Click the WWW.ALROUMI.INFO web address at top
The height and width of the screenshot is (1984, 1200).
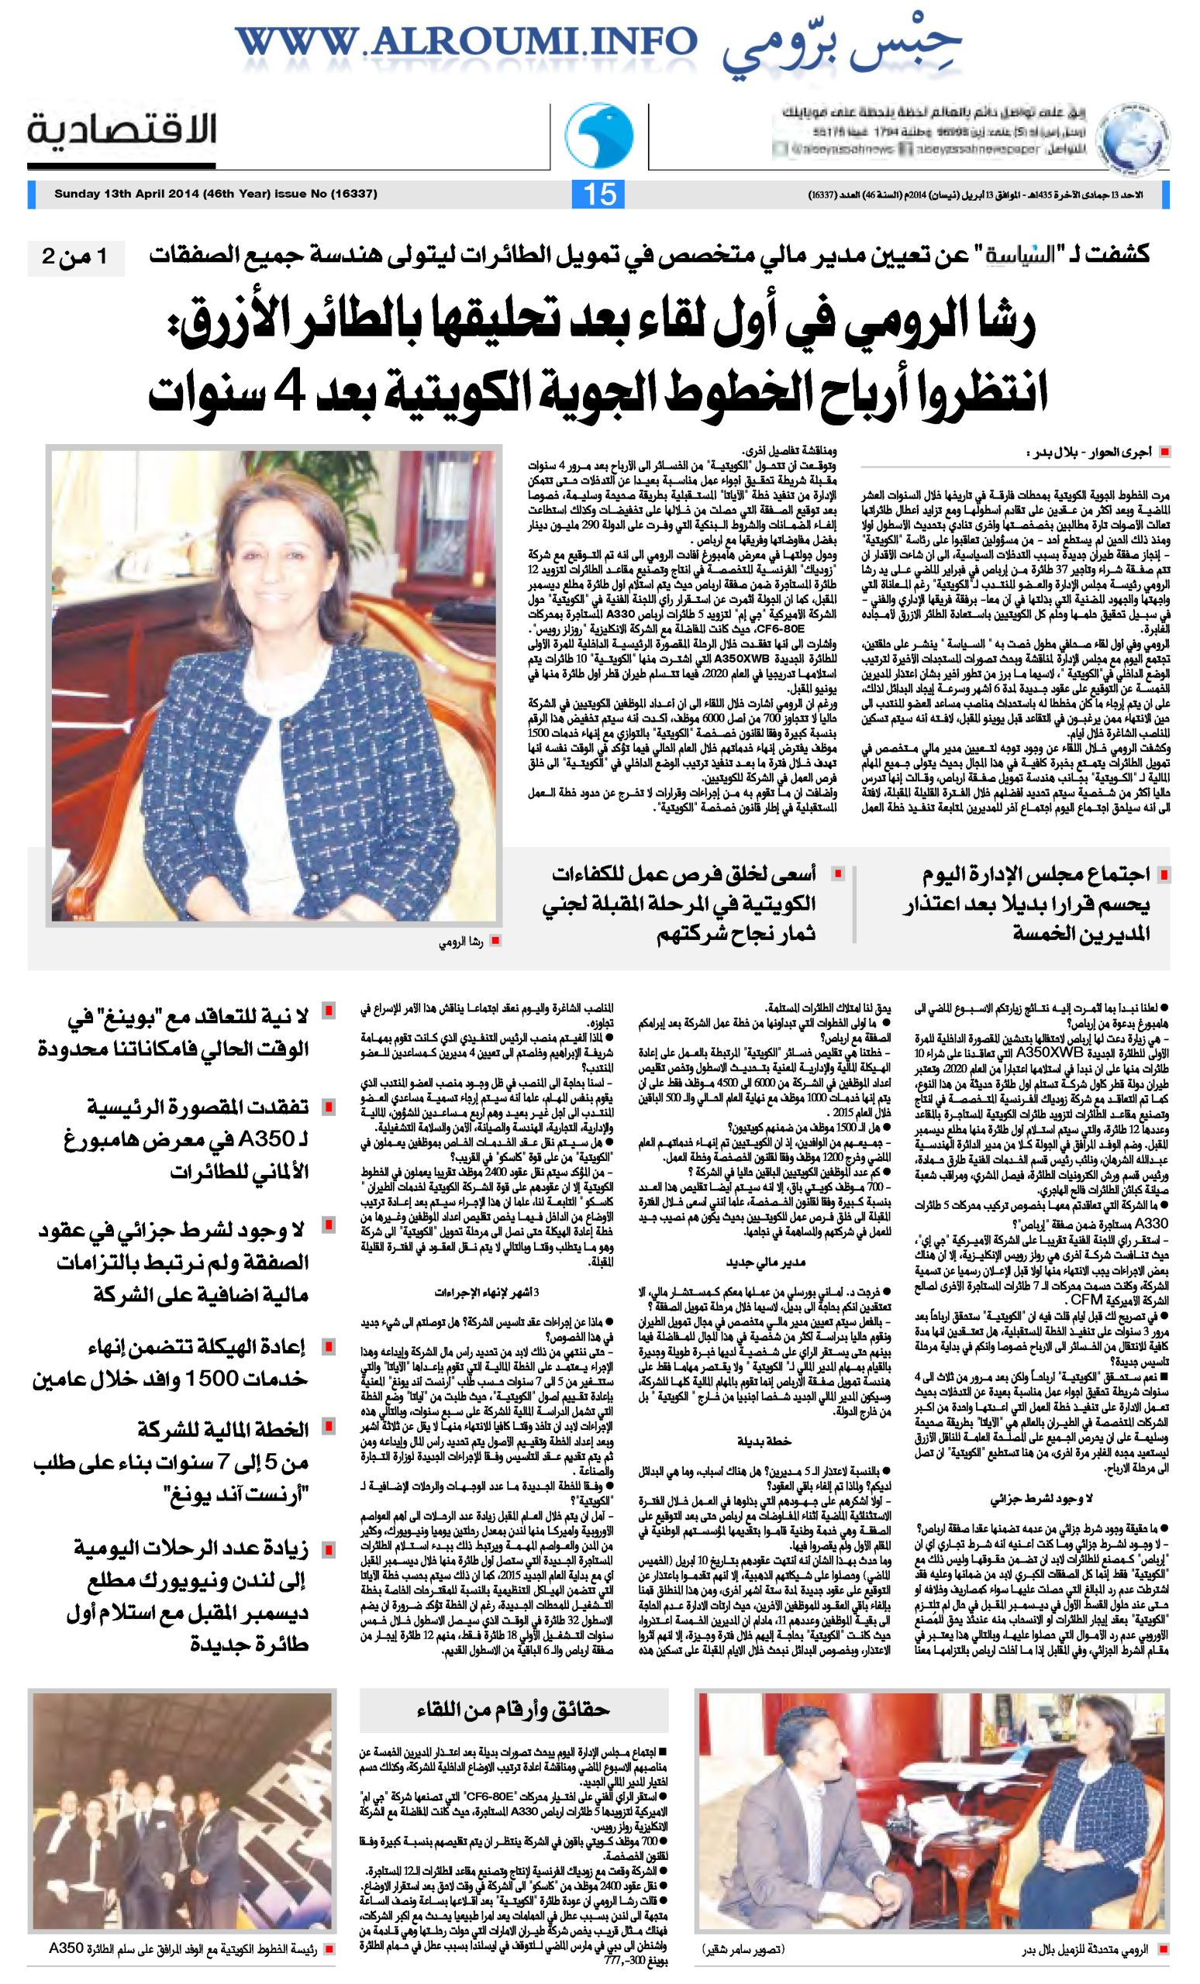pos(467,42)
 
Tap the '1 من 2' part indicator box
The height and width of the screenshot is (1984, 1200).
pos(78,260)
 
